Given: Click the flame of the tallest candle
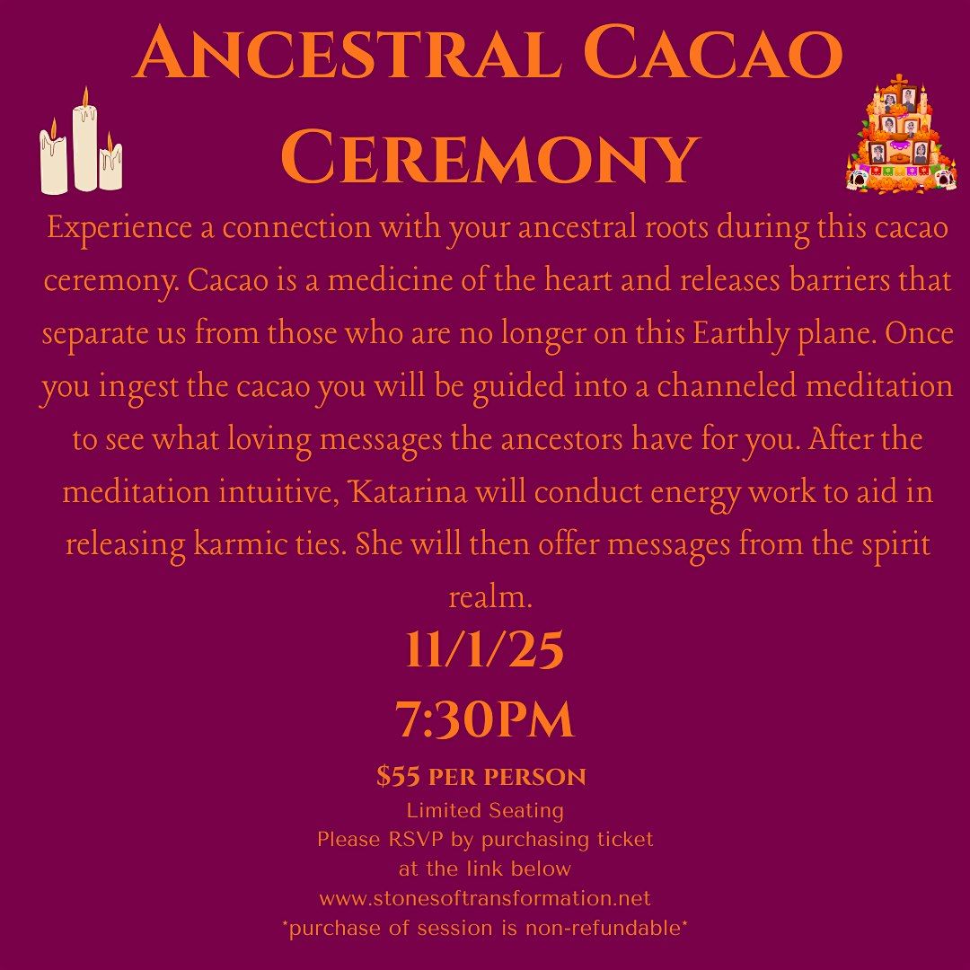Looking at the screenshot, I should pyautogui.click(x=85, y=98).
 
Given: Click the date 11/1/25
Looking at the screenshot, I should pyautogui.click(x=484, y=650).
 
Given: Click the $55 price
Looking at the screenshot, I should pyautogui.click(x=396, y=777).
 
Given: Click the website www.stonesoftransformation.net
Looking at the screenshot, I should pyautogui.click(x=485, y=898).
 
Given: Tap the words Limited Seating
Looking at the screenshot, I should pyautogui.click(x=485, y=810).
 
